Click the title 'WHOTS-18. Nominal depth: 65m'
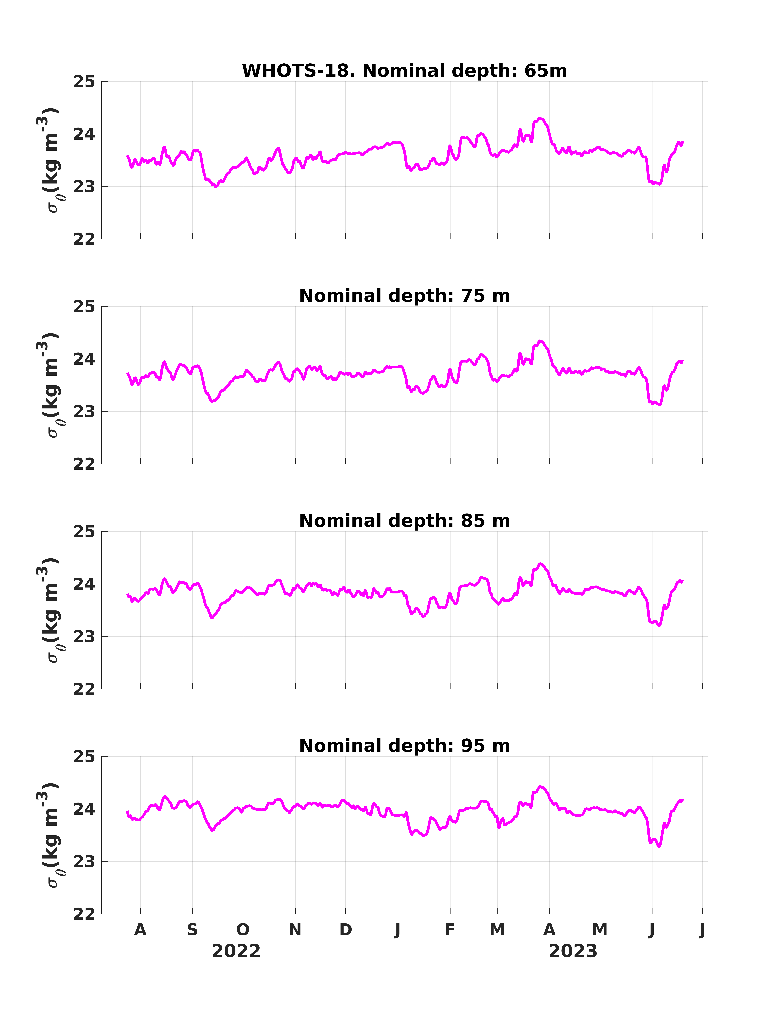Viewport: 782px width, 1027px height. coord(404,71)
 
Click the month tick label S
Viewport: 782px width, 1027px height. coord(192,930)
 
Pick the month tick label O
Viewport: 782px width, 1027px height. coord(243,930)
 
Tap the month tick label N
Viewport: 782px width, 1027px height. coord(295,930)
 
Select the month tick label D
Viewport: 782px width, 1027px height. coord(345,930)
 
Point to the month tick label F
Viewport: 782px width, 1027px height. coord(450,930)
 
